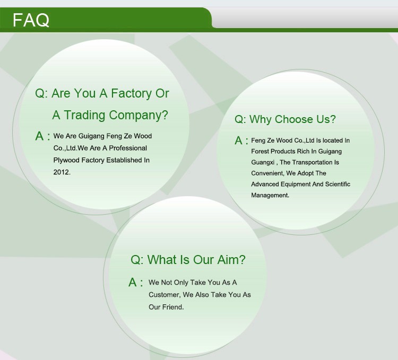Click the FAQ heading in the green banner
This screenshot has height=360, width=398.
[31, 20]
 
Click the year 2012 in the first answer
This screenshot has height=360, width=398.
[62, 172]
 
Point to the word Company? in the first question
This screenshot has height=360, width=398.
[139, 116]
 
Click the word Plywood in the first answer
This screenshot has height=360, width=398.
[66, 161]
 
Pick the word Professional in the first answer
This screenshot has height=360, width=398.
[128, 148]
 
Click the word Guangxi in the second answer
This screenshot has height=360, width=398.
[263, 162]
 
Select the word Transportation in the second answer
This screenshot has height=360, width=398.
[308, 162]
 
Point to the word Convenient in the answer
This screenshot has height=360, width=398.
[267, 173]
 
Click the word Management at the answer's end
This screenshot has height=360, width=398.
[270, 195]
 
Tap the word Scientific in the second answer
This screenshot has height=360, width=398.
[338, 184]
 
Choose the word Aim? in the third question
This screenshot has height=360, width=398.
[231, 260]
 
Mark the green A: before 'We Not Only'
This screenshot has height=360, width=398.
[136, 282]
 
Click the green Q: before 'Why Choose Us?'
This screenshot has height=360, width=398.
[240, 119]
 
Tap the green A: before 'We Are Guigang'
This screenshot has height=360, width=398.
[42, 136]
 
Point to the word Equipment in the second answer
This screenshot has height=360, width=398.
[296, 185]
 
